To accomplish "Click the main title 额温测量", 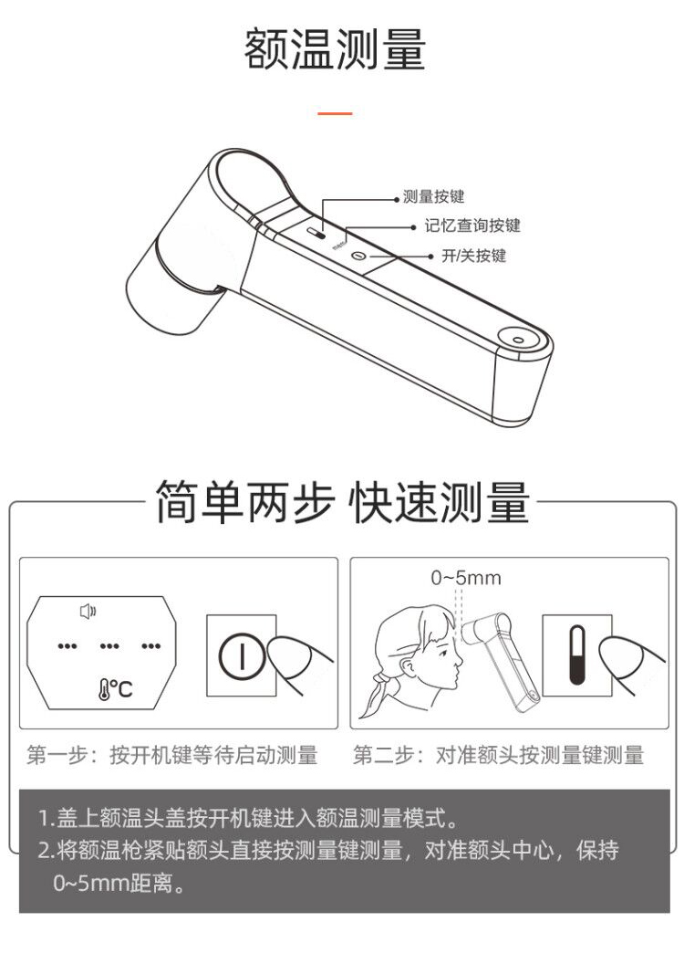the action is pyautogui.click(x=335, y=49).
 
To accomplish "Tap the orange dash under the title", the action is pyautogui.click(x=335, y=113).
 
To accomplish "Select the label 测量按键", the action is pyautogui.click(x=434, y=197).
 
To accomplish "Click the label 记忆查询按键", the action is pyautogui.click(x=472, y=226).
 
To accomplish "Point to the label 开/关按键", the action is pyautogui.click(x=474, y=256).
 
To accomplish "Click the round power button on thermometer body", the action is pyautogui.click(x=359, y=256).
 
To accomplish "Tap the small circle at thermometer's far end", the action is pyautogui.click(x=517, y=340).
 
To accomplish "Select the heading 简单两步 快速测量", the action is pyautogui.click(x=343, y=503).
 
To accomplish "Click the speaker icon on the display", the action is pyautogui.click(x=88, y=611).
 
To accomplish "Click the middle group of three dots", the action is pyautogui.click(x=109, y=645).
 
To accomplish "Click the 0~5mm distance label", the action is pyautogui.click(x=466, y=578).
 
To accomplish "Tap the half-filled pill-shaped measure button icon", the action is pyautogui.click(x=576, y=655).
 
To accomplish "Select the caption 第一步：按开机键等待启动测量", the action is pyautogui.click(x=172, y=756).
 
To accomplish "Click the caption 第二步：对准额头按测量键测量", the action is pyautogui.click(x=498, y=756).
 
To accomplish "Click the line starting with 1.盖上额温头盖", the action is pyautogui.click(x=248, y=818).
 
